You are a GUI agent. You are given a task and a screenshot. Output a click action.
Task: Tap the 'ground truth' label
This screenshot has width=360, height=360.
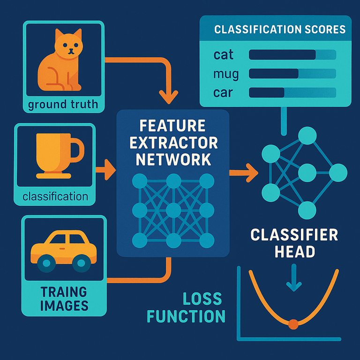click(63, 104)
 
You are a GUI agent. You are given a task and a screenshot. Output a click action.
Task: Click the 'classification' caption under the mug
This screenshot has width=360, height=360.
click(55, 195)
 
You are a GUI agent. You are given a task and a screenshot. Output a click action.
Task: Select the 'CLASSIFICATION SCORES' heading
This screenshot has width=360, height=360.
click(279, 30)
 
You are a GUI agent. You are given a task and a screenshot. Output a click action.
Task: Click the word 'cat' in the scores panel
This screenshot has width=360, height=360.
click(224, 55)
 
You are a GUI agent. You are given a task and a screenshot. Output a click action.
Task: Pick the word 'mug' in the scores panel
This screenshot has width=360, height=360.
click(226, 74)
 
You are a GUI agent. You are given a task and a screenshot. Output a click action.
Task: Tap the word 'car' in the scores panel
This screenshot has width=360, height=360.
click(223, 92)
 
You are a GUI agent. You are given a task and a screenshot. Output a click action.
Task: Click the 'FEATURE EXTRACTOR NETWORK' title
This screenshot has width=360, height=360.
click(172, 142)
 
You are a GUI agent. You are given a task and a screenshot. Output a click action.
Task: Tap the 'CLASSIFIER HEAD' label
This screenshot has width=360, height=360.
click(294, 242)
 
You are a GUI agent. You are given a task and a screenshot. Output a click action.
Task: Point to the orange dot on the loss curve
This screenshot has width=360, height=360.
click(293, 323)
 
